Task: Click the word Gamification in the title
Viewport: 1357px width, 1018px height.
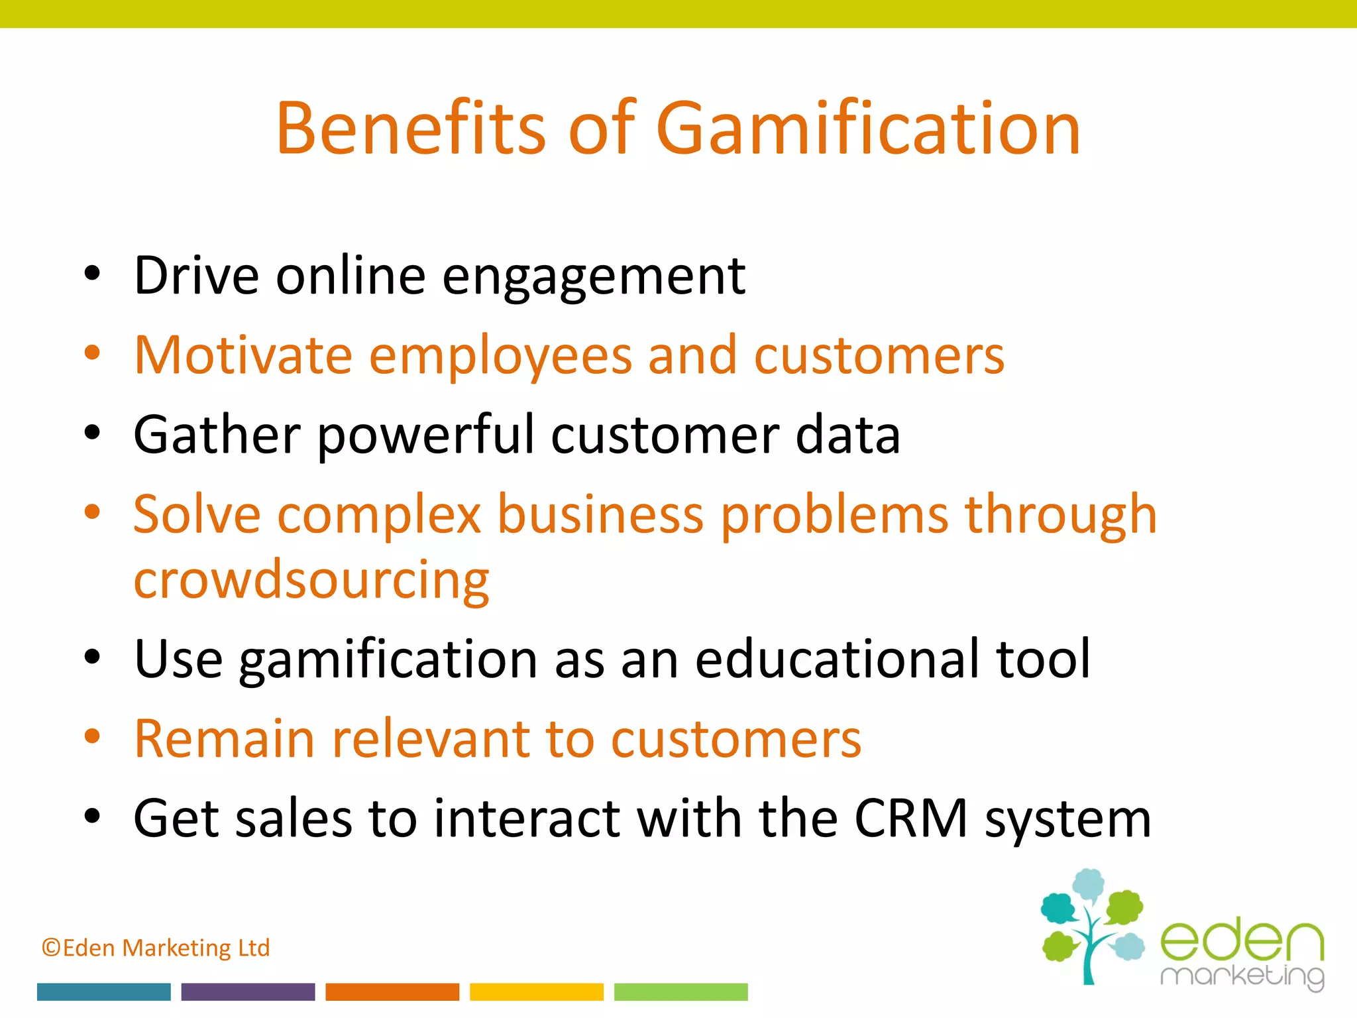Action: tap(868, 128)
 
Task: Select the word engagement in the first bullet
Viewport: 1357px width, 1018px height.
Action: tap(594, 277)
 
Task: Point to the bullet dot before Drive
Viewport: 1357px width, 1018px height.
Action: tap(92, 274)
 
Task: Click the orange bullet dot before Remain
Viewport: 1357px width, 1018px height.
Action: tap(92, 736)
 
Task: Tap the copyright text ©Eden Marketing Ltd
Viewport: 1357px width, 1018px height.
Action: tap(156, 948)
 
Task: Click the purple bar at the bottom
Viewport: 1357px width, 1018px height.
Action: tap(248, 991)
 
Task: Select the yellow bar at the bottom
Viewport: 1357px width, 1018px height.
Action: tap(537, 991)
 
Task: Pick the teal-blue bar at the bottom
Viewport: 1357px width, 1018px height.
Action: tap(104, 991)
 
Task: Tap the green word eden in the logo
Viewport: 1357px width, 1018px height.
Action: tap(1242, 941)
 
